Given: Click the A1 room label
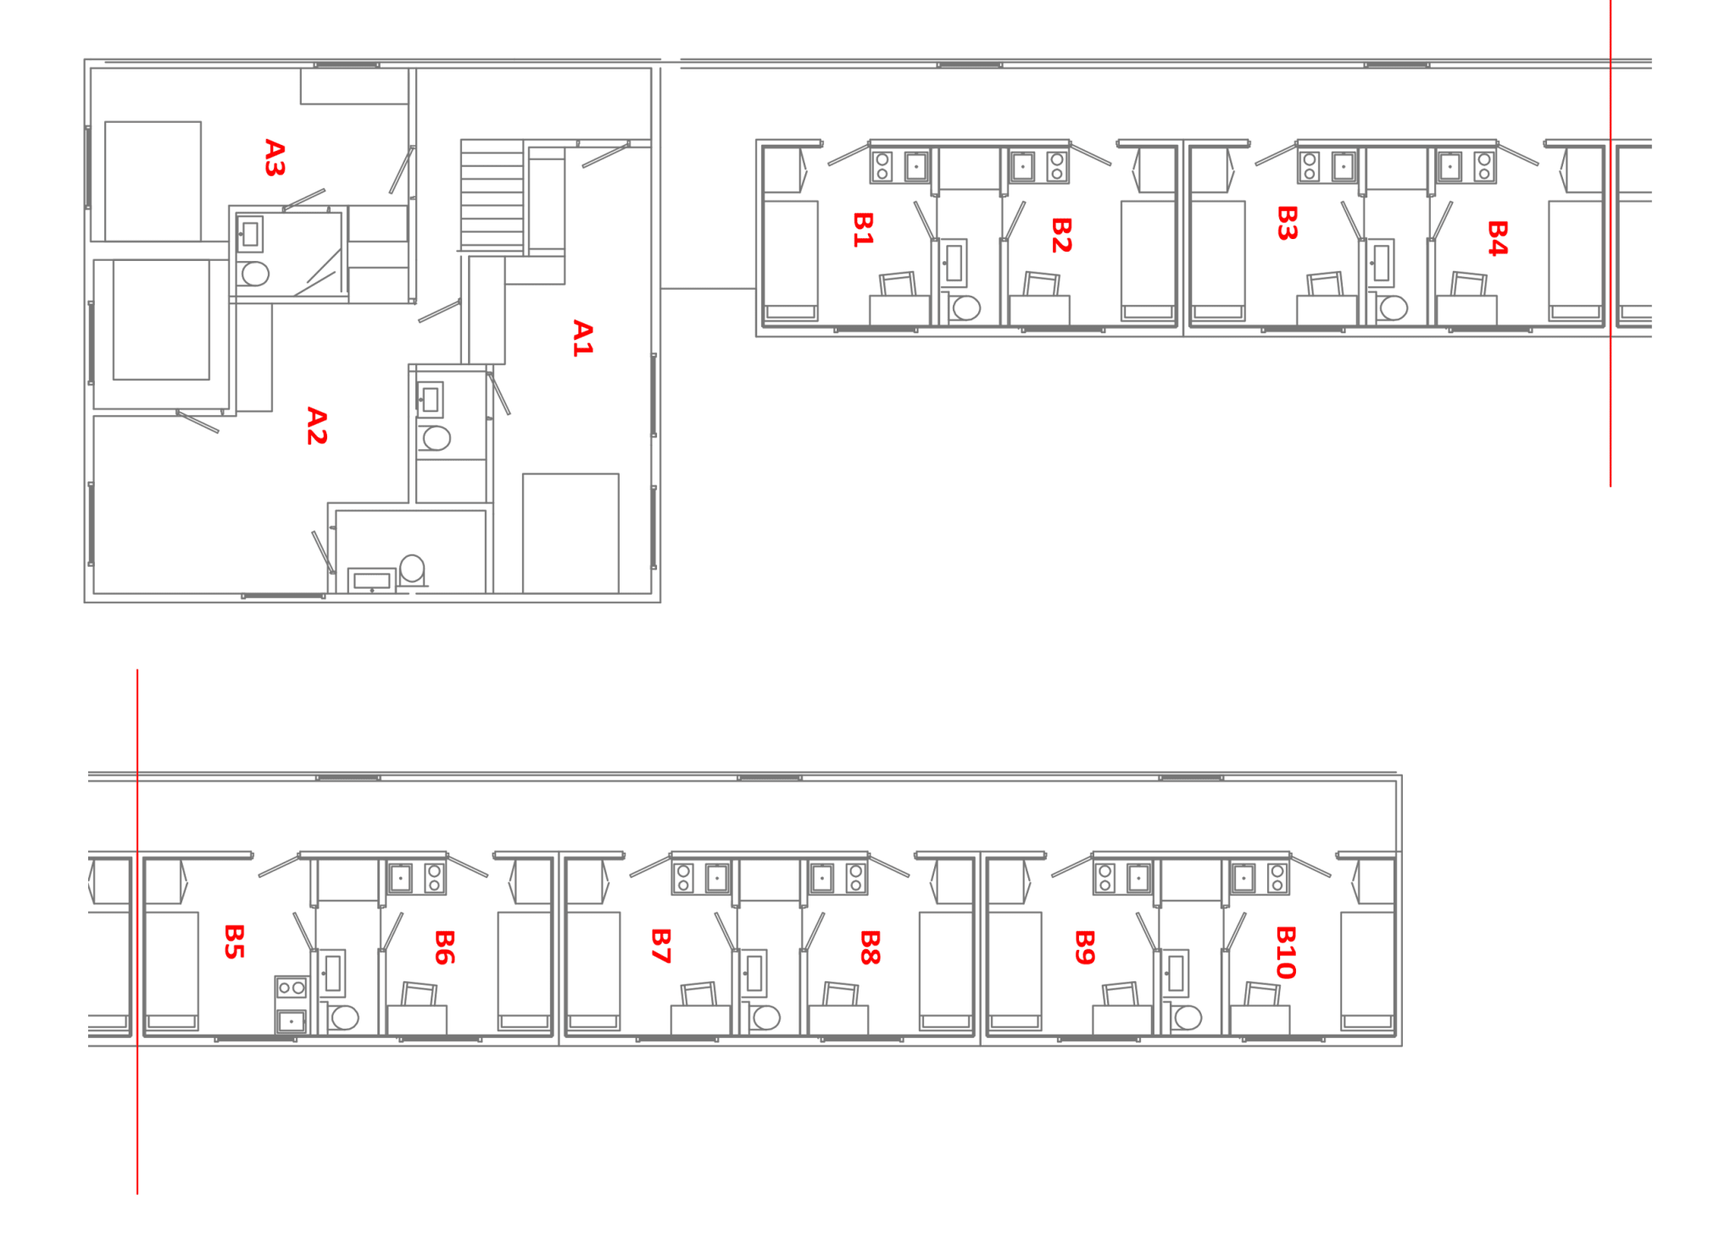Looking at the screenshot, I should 582,338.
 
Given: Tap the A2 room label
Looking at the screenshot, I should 316,425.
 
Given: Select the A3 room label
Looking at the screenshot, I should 275,158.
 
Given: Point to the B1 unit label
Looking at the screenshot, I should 862,230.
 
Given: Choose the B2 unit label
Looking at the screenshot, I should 1061,235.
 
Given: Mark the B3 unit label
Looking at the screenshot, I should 1287,223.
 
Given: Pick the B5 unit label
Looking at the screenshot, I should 234,941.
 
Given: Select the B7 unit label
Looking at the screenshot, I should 661,946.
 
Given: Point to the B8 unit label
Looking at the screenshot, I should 870,947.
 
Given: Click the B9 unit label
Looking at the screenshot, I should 1084,947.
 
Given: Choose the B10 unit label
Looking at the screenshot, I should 1285,953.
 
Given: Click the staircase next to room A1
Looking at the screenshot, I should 491,193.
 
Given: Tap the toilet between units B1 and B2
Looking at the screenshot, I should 964,308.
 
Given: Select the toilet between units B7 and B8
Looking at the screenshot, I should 765,1018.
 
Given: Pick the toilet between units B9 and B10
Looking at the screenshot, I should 1188,1018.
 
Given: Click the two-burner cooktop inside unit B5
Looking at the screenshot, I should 291,987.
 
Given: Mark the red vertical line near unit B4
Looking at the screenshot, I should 1611,254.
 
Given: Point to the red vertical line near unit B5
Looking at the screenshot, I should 137,932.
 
